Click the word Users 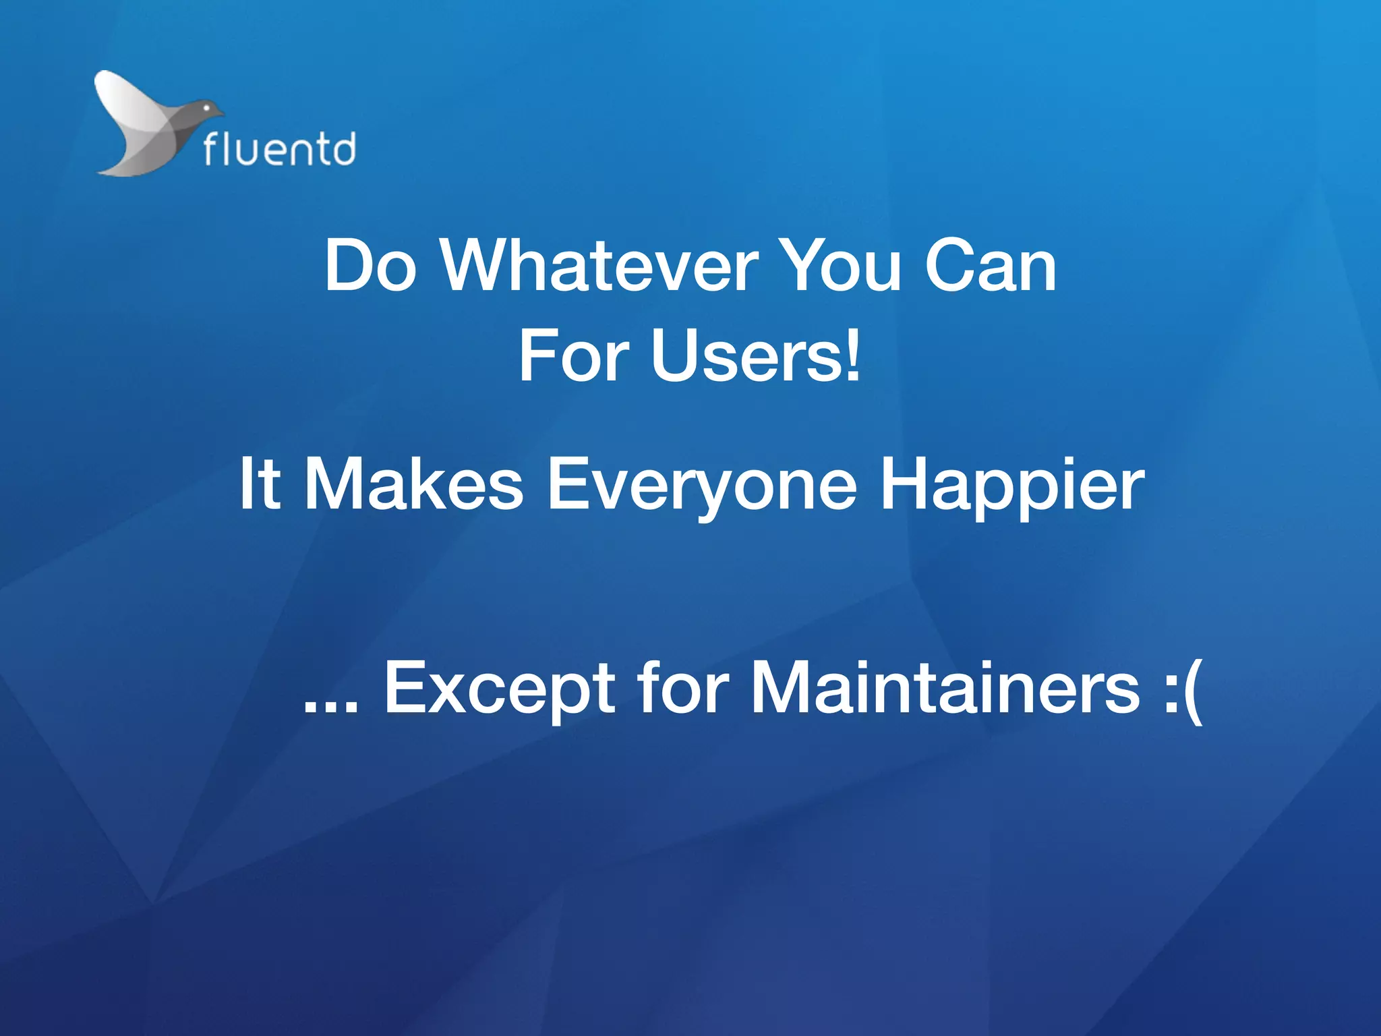746,357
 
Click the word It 260,484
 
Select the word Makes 413,484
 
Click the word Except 499,689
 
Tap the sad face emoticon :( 1183,689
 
